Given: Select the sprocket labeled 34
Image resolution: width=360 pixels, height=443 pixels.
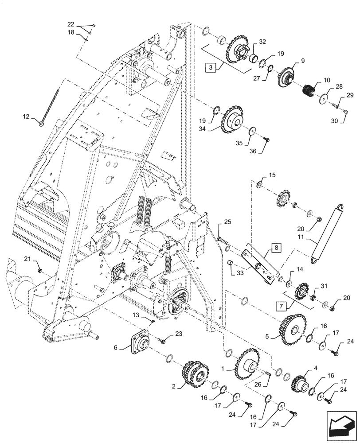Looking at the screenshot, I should pyautogui.click(x=232, y=120).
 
